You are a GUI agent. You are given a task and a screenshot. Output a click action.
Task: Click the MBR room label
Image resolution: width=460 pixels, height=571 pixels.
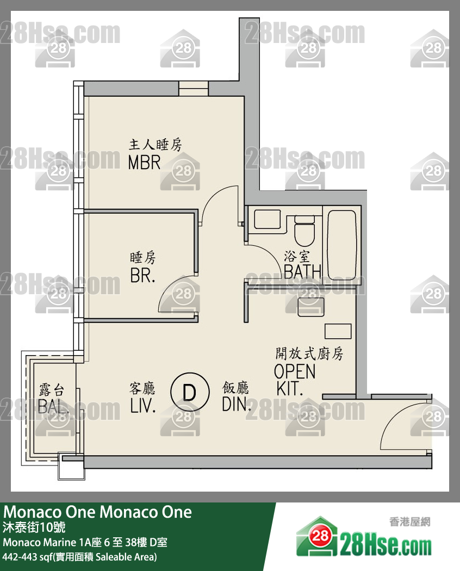[x=144, y=163]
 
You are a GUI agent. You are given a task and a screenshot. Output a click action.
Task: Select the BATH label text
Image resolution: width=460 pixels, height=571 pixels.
[x=302, y=271]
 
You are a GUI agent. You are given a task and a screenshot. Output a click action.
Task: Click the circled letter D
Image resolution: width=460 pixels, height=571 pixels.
[x=190, y=392]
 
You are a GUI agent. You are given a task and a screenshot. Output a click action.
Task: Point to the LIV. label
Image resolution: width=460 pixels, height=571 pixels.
[x=143, y=406]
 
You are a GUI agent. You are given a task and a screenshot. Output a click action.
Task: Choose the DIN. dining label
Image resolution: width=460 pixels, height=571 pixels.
[x=237, y=404]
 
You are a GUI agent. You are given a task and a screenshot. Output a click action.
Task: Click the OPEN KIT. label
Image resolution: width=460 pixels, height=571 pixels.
[x=295, y=380]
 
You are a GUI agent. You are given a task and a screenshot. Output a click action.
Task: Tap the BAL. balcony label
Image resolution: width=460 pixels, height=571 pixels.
[x=53, y=407]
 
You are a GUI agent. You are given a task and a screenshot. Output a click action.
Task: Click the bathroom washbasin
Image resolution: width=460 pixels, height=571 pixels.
[x=268, y=219]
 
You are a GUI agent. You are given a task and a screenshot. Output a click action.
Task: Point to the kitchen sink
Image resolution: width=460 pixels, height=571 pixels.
[x=310, y=307]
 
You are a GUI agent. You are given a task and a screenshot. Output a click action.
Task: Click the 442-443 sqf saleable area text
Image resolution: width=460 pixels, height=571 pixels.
[x=80, y=557]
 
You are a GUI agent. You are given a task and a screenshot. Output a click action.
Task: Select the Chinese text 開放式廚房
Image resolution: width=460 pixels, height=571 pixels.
[x=309, y=353]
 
